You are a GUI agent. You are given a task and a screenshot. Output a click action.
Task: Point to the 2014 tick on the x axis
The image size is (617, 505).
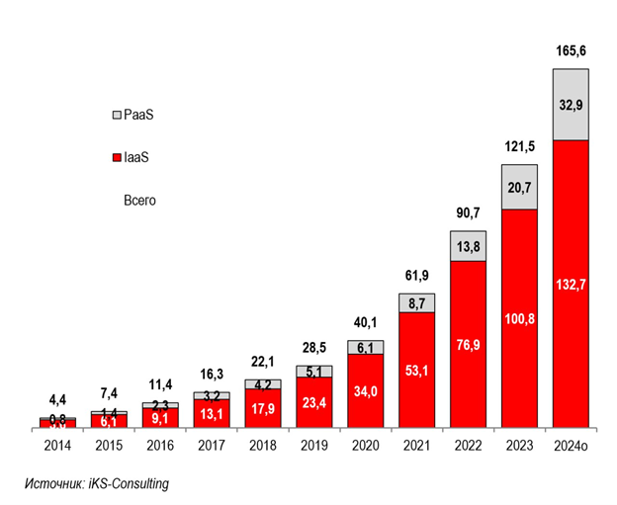point(57,446)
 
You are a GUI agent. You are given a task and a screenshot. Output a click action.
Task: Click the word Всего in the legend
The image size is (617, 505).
point(139,200)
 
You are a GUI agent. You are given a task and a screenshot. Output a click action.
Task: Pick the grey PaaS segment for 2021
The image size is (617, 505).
point(416,302)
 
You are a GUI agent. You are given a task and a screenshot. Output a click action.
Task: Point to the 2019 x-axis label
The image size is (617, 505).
point(313,446)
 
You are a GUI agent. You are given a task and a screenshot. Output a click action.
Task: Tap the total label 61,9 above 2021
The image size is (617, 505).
point(416,275)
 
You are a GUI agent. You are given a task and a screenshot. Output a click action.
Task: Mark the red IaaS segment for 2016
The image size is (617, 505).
point(159,419)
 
